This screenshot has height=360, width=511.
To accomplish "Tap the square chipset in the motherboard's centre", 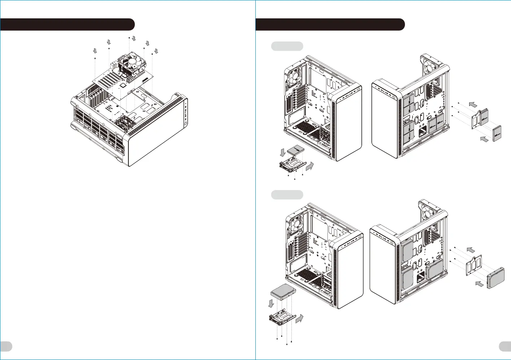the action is click(x=123, y=85).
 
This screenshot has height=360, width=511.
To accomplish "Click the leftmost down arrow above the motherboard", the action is click(x=95, y=51).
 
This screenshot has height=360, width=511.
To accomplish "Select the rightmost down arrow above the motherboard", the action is click(x=156, y=51).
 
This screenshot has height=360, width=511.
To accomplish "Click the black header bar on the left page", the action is click(x=67, y=25).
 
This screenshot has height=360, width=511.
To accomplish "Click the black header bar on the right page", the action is click(x=330, y=25).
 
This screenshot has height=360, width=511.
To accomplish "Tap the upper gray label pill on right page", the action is click(x=287, y=46).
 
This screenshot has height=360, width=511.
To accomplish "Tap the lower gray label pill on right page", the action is click(x=287, y=195).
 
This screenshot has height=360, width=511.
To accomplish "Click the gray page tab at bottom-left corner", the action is click(x=6, y=346).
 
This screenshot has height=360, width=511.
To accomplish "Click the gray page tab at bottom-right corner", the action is click(x=505, y=346).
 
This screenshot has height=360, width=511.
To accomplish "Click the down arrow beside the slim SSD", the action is click(x=282, y=152).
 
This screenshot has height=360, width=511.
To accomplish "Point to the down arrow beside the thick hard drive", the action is click(x=271, y=303).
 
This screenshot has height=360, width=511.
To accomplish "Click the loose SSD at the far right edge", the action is click(x=497, y=134).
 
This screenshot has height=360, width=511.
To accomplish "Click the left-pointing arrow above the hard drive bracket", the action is click(x=471, y=250).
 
